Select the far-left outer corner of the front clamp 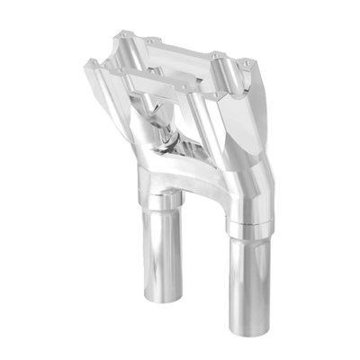[85, 65]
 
